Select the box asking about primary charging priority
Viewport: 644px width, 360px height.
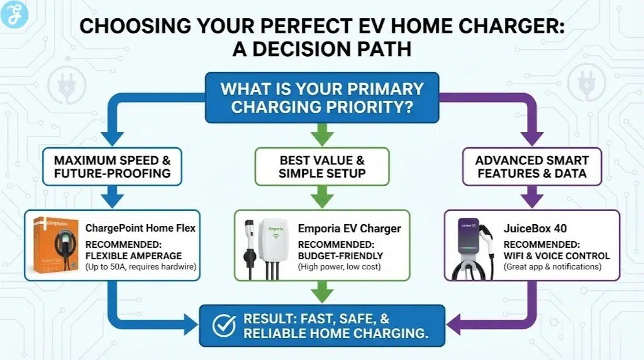click(x=321, y=97)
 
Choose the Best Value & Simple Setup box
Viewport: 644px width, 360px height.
click(x=321, y=166)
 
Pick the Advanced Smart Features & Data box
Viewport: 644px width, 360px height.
click(x=532, y=166)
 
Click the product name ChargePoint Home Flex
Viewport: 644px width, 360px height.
click(x=140, y=228)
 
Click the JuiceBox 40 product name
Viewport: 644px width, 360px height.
click(x=529, y=228)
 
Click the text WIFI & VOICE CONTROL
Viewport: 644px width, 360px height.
click(x=556, y=256)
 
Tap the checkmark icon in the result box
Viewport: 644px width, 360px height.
click(x=223, y=325)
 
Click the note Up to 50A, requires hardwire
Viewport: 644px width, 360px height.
click(x=140, y=267)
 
